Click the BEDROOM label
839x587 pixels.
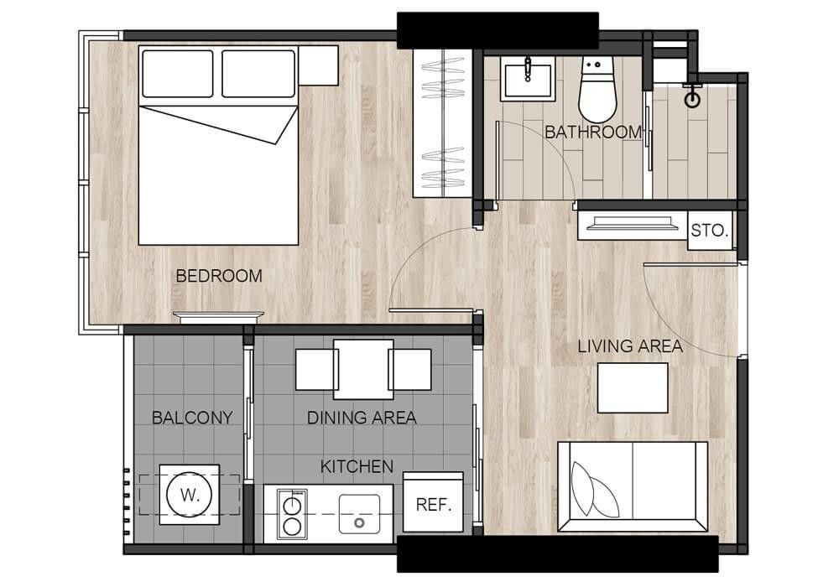tap(219, 276)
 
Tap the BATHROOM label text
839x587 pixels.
tap(593, 132)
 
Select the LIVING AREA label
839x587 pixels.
tap(630, 346)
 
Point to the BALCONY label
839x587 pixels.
tap(192, 418)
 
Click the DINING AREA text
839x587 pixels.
tap(362, 418)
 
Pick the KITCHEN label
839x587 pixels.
tap(357, 467)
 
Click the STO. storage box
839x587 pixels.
tap(710, 231)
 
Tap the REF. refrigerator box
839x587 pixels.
tap(433, 502)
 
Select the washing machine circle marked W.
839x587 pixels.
tap(190, 495)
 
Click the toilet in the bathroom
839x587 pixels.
tap(597, 90)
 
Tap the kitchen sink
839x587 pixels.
tap(360, 514)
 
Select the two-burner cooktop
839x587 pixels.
tap(292, 514)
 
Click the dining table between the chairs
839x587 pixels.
tap(363, 370)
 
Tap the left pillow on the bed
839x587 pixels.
tap(178, 74)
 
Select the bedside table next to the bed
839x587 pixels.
tap(318, 65)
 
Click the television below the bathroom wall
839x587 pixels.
tap(633, 222)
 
